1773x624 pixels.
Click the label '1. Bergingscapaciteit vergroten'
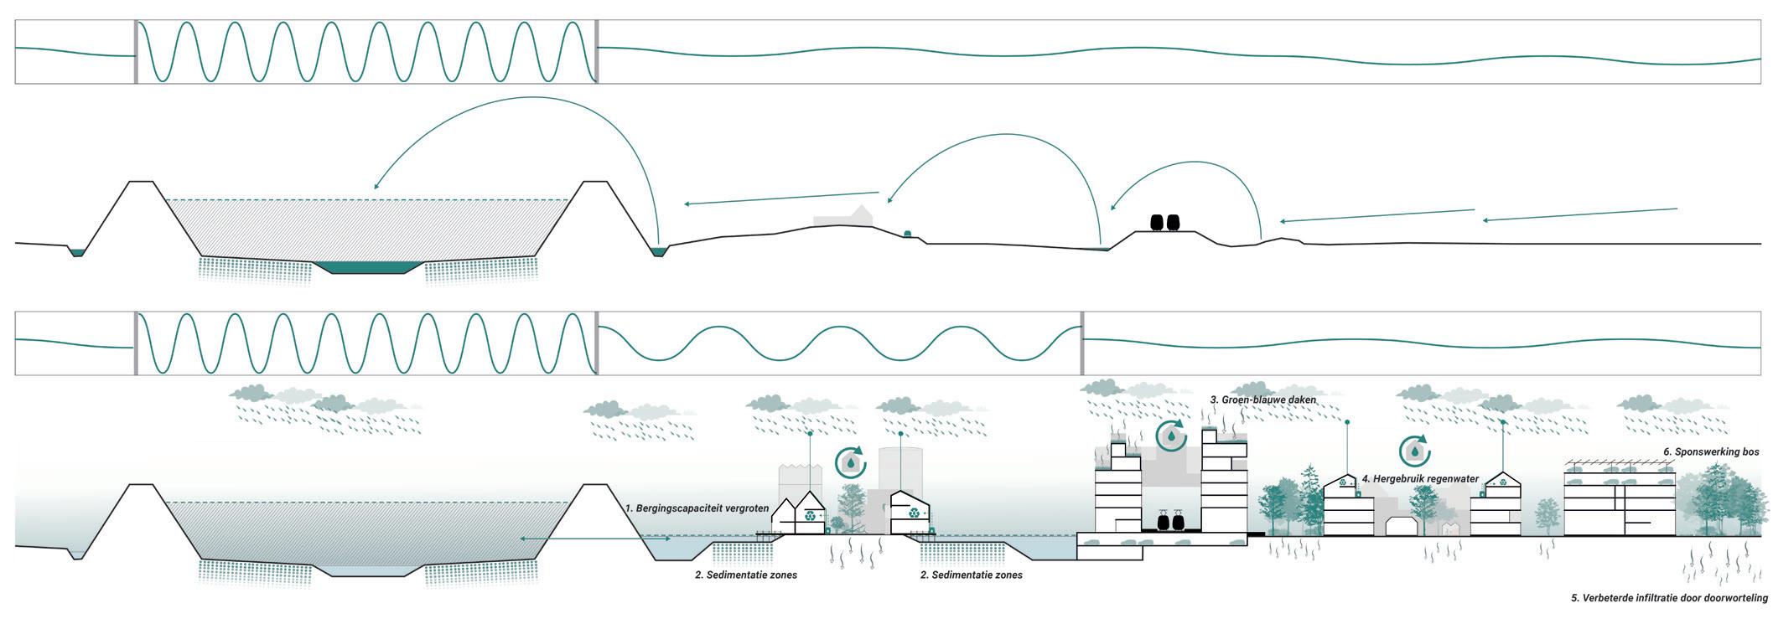point(697,508)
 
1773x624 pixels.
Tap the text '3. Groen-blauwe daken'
point(1262,400)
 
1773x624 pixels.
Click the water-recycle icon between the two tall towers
point(1171,436)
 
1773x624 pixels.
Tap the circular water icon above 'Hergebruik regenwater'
point(1415,451)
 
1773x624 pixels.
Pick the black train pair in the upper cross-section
point(1164,222)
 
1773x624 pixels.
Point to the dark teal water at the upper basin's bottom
point(369,267)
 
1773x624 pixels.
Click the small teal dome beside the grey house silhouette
point(906,233)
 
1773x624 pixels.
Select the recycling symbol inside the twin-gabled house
point(811,517)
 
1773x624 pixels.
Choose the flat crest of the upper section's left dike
point(140,181)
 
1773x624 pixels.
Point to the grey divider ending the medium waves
point(1081,343)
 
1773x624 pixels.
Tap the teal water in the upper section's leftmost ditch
point(77,252)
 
